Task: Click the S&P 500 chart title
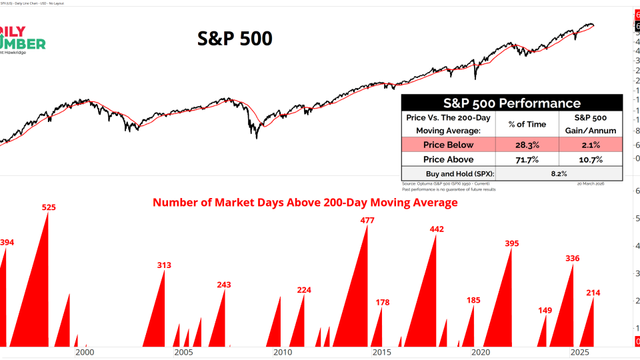click(235, 39)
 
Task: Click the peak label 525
click(49, 207)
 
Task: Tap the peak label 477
click(367, 221)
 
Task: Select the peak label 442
click(437, 229)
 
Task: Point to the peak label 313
click(164, 265)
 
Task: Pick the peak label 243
click(224, 285)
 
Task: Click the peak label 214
click(593, 293)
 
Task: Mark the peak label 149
click(545, 310)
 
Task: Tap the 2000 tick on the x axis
click(85, 353)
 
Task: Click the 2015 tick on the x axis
click(382, 353)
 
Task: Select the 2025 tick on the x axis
click(579, 353)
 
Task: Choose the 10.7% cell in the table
click(591, 159)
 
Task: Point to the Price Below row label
click(448, 145)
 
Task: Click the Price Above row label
click(448, 159)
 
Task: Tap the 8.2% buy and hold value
click(559, 173)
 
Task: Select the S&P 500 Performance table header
click(512, 103)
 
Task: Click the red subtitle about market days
click(305, 202)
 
